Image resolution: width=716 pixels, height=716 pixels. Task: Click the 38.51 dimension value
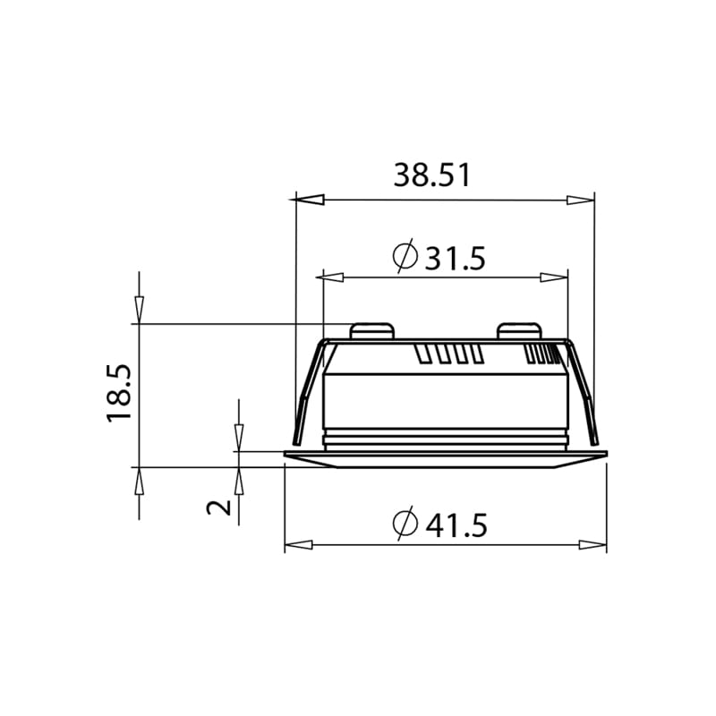[432, 175]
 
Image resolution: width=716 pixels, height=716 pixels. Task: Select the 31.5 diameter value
[455, 259]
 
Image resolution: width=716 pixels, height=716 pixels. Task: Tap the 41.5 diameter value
[456, 525]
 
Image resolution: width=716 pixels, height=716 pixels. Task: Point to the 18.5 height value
[120, 394]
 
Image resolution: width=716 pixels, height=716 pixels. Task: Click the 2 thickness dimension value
[219, 507]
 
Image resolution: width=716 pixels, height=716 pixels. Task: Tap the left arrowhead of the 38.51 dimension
[309, 200]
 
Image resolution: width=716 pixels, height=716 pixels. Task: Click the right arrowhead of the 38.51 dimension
[580, 200]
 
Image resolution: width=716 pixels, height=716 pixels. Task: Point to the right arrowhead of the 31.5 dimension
[554, 277]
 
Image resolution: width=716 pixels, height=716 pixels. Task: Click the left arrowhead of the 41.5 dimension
[299, 545]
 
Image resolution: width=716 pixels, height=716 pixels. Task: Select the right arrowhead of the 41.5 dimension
[592, 545]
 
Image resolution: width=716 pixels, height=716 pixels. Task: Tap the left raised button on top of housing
[372, 331]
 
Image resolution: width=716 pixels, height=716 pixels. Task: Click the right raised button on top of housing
[521, 331]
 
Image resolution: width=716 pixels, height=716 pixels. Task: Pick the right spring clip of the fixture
[584, 394]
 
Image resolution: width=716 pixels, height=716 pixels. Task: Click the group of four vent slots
[449, 354]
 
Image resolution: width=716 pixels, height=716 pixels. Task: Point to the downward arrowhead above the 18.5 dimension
[139, 310]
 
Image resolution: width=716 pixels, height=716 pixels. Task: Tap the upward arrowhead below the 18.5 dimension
[139, 481]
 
